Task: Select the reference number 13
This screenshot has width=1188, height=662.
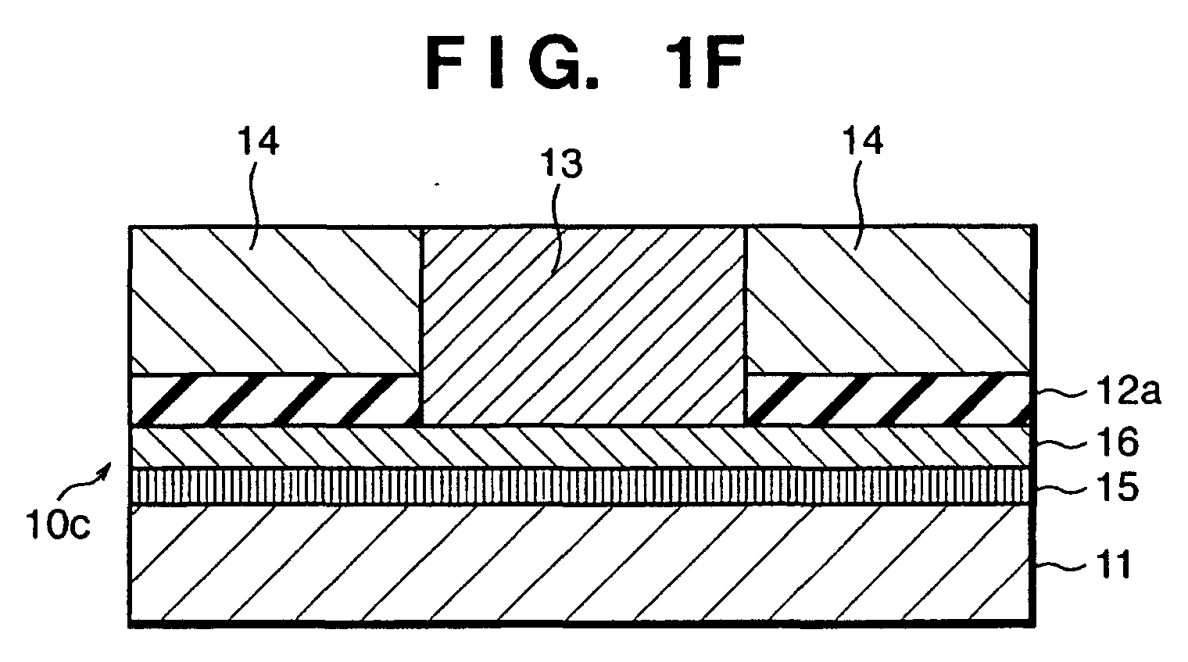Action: [562, 163]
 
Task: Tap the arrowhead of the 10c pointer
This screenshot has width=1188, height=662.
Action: [109, 465]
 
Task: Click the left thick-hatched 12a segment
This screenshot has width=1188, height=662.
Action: [275, 399]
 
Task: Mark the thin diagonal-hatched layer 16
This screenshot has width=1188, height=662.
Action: [581, 446]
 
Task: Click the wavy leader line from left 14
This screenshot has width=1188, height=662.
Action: [256, 204]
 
